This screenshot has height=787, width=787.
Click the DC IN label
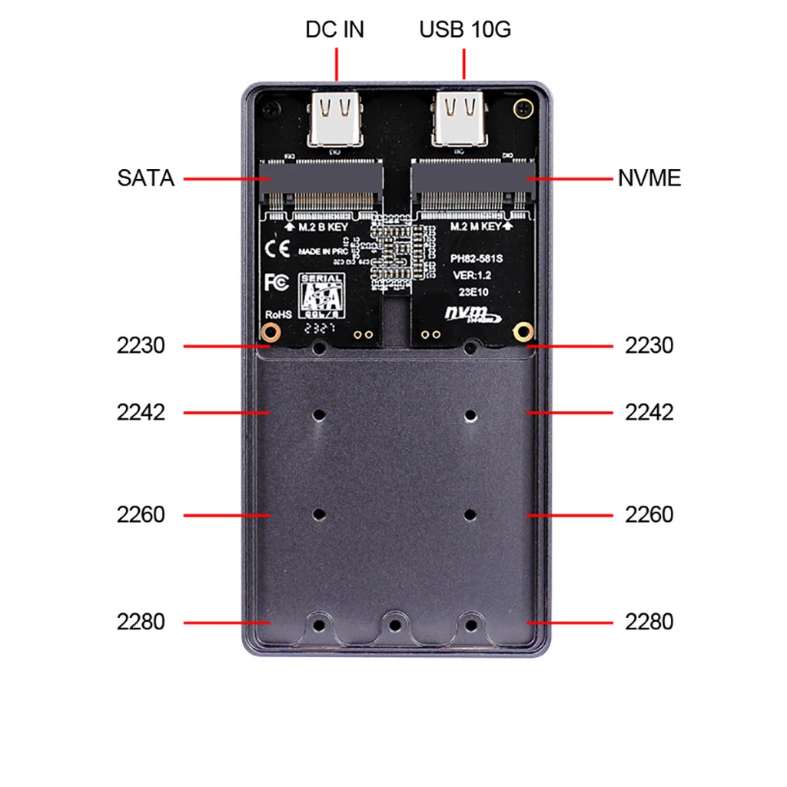click(334, 30)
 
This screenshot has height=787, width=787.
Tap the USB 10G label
click(465, 30)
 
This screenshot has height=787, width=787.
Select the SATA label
click(146, 179)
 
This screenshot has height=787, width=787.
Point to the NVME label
click(649, 179)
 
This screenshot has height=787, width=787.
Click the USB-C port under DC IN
click(335, 119)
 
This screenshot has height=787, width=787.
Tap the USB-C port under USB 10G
click(460, 119)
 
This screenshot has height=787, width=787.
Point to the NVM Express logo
click(471, 314)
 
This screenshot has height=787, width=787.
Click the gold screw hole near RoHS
click(270, 332)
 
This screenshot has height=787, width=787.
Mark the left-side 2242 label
click(141, 413)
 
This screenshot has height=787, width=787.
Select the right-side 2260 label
click(649, 514)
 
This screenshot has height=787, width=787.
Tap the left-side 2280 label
click(141, 622)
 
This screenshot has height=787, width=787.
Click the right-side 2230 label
click(649, 346)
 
